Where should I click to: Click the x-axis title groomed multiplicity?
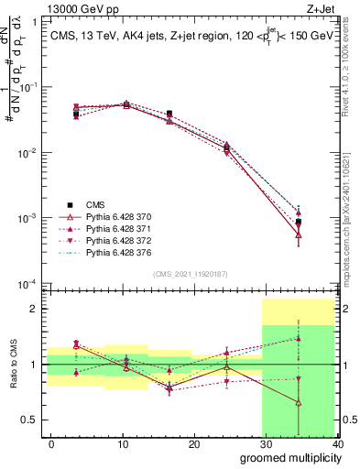(287, 457)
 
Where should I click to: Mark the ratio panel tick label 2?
(35, 309)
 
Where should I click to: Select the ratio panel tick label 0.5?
(30, 420)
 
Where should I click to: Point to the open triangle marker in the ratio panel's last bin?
(299, 402)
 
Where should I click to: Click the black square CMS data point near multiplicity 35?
(299, 222)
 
